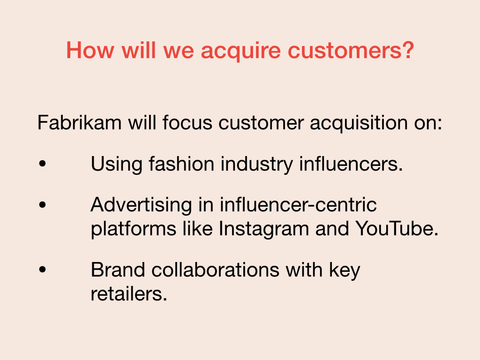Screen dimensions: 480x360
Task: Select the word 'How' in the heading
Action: (90, 50)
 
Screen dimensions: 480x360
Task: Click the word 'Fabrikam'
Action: (79, 122)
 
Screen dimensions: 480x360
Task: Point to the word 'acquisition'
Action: (359, 124)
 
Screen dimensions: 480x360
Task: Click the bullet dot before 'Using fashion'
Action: (43, 164)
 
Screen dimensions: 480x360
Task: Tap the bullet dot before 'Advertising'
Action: (43, 204)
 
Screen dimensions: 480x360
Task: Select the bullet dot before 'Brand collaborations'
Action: (43, 270)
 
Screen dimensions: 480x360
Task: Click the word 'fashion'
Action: (181, 164)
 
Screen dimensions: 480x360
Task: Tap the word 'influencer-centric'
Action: (298, 204)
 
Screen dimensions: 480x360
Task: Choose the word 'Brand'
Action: (118, 270)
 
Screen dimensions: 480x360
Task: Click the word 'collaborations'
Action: (215, 270)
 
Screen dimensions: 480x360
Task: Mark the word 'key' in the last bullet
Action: (345, 271)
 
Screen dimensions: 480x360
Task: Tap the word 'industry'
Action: (256, 165)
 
